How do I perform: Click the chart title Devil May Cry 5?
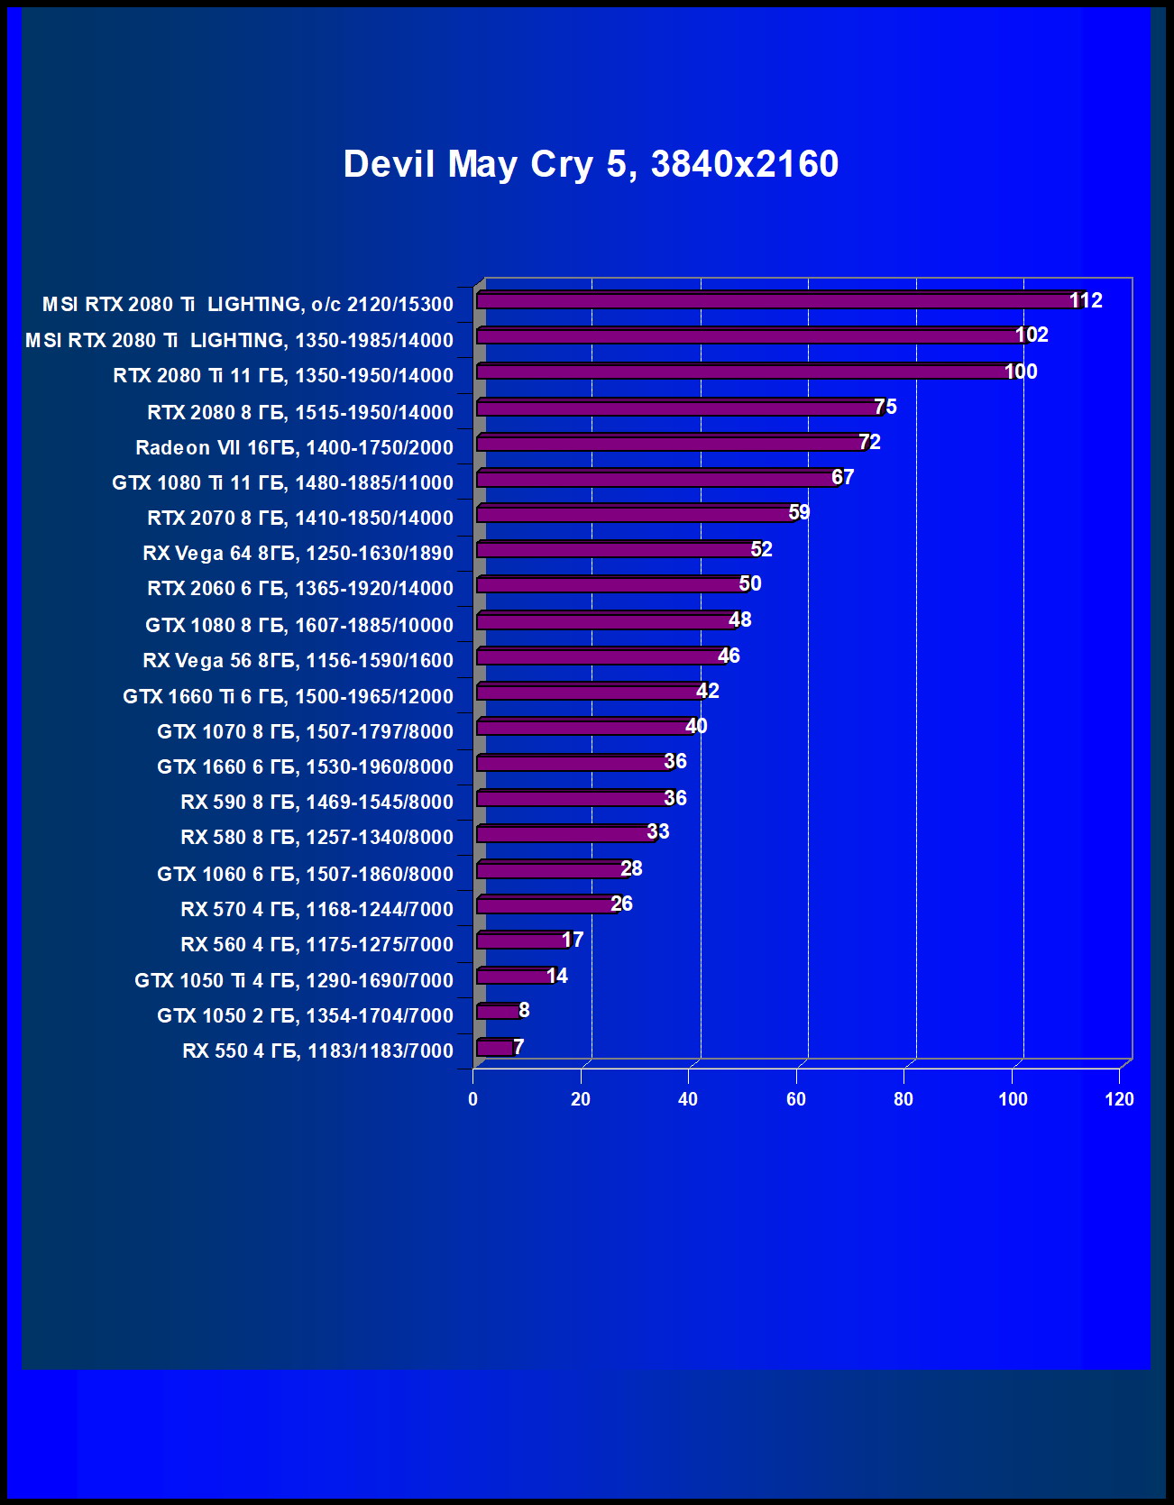pos(591,164)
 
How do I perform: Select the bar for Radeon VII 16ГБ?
pos(671,444)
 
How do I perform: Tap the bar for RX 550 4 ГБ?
pos(494,1048)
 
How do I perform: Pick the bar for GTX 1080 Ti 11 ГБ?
pos(657,479)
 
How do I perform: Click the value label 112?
pos(1086,300)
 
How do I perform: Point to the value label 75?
pos(885,407)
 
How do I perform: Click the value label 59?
pos(799,512)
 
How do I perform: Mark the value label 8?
pos(524,1010)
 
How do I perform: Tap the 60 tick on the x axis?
pos(796,1099)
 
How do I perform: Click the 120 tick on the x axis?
pos(1120,1099)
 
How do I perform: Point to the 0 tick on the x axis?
pos(473,1099)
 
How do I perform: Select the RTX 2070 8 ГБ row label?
pos(300,518)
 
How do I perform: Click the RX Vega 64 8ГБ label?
pos(298,553)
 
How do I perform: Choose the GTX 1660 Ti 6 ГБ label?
pos(288,696)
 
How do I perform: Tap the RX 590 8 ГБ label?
pos(316,802)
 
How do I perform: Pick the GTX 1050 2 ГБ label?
pos(305,1015)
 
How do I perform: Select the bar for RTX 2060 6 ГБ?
pos(611,585)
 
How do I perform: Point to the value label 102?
pos(1032,335)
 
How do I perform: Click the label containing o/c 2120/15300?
pos(248,305)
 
